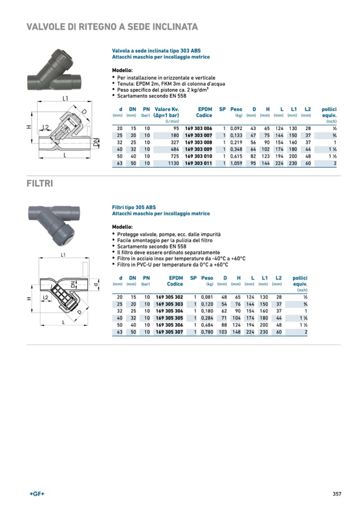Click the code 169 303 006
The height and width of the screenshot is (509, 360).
(x=198, y=128)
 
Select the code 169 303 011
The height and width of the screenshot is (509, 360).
(x=198, y=163)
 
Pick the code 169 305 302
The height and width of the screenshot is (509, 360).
(x=169, y=297)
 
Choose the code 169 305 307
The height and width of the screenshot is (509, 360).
(x=169, y=332)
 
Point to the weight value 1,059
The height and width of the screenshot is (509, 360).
(x=236, y=163)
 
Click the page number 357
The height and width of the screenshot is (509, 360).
(x=337, y=494)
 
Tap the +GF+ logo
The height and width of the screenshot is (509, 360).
(x=37, y=494)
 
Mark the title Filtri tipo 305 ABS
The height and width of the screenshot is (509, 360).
(x=138, y=207)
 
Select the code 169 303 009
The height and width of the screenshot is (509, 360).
(x=198, y=150)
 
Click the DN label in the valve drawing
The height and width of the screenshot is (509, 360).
(x=96, y=142)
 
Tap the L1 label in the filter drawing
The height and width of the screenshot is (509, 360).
(x=63, y=255)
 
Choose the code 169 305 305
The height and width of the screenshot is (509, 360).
(x=169, y=318)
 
